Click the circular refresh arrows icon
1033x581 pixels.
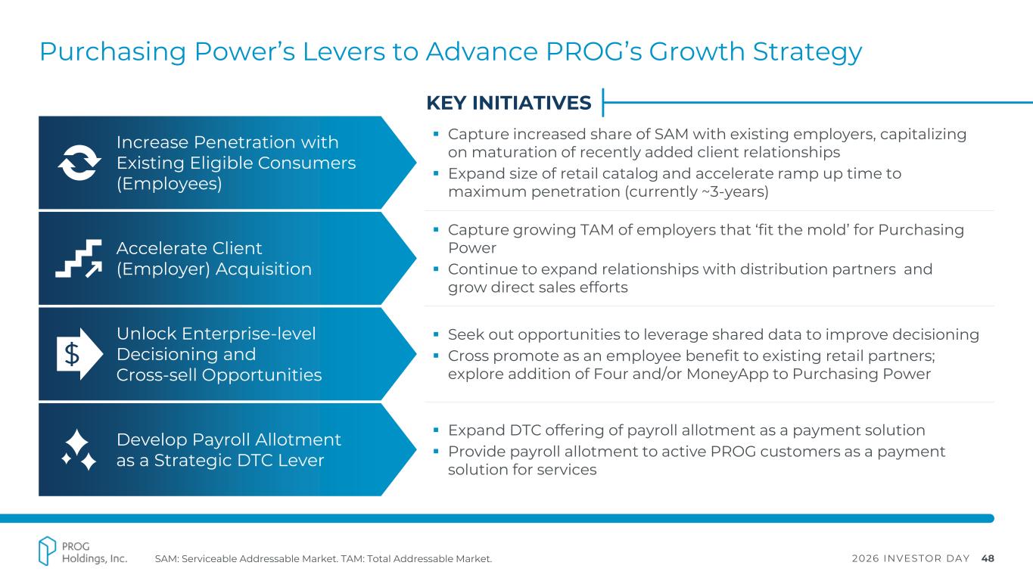point(79,163)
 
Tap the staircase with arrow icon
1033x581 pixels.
point(79,259)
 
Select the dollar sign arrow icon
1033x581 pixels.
point(79,354)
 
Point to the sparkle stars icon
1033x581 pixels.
point(79,449)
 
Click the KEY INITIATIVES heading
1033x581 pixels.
point(509,103)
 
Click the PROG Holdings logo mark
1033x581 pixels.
point(47,551)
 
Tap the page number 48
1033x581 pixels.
point(988,558)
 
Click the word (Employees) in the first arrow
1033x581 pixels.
point(169,184)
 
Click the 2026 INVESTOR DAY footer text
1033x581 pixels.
point(910,558)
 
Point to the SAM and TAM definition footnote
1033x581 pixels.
point(323,559)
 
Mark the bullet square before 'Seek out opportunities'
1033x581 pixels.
point(436,334)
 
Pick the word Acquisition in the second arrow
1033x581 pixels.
point(263,269)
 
